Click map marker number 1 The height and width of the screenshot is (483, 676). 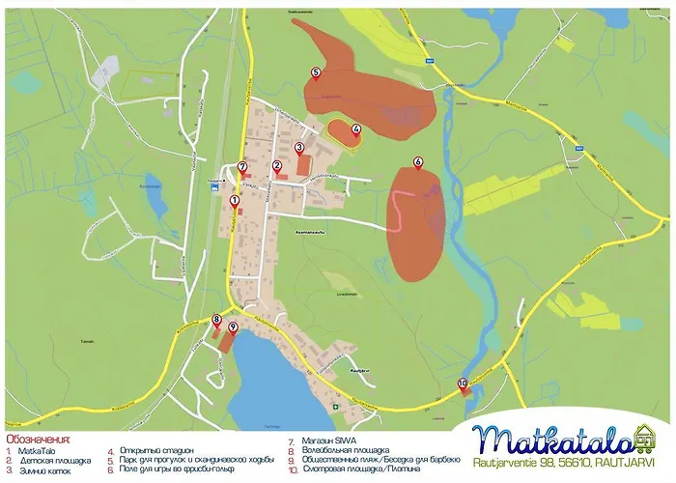click(235, 202)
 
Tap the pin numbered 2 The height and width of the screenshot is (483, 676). click(277, 166)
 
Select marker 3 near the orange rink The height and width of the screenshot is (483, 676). click(299, 148)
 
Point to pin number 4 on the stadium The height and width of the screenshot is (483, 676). click(356, 129)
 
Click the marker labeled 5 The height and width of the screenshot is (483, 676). click(316, 73)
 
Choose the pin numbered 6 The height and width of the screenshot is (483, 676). click(418, 162)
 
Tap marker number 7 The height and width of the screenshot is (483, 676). click(242, 167)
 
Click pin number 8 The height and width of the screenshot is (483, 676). click(215, 320)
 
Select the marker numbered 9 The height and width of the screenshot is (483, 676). click(233, 328)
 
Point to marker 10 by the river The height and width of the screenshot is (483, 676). click(463, 384)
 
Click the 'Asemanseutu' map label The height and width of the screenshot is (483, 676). click(305, 232)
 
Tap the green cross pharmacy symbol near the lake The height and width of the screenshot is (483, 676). click(336, 407)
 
